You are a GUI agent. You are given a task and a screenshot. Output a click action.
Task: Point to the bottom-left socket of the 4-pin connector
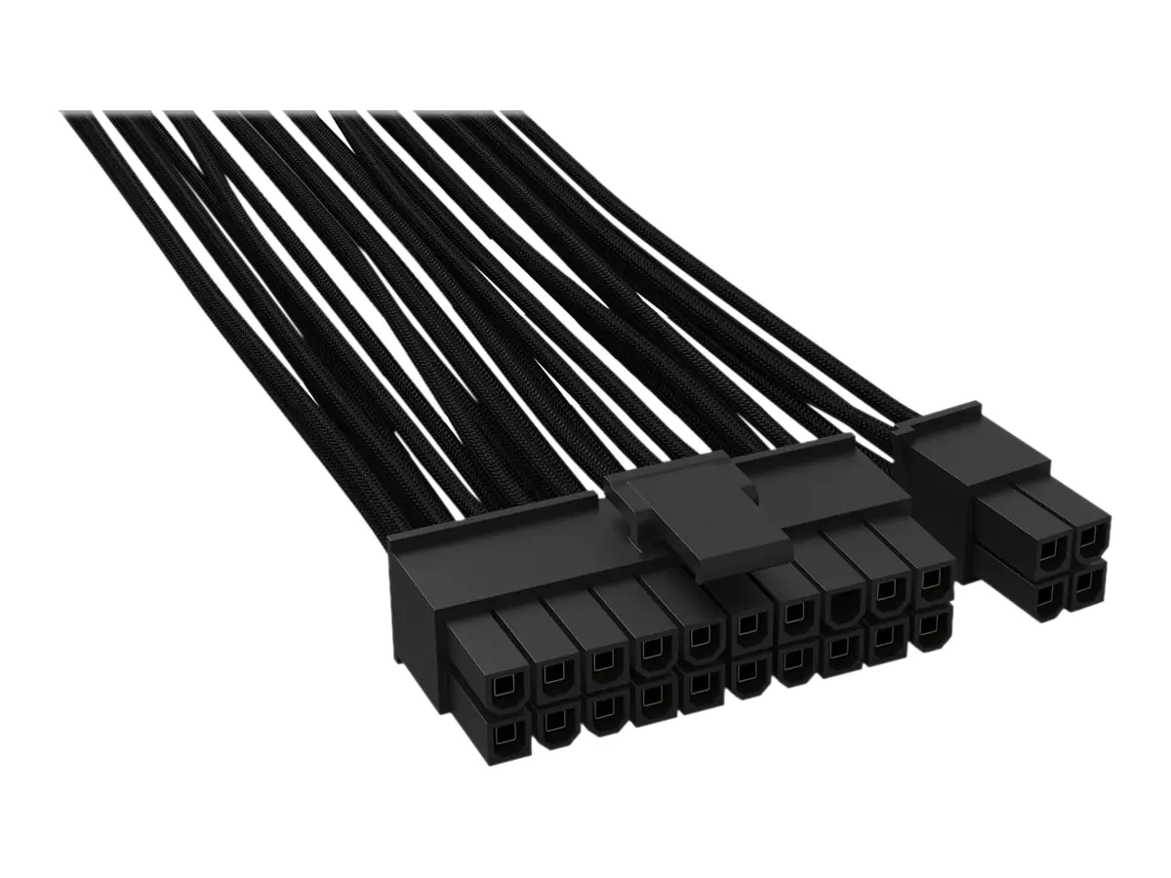click(1049, 596)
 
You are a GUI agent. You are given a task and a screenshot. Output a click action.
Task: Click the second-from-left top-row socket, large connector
click(554, 671)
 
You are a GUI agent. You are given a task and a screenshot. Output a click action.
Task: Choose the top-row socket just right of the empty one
click(888, 592)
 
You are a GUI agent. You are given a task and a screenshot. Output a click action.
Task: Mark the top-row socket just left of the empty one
click(797, 615)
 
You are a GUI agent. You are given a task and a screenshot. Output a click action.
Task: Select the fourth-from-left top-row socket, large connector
click(650, 649)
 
